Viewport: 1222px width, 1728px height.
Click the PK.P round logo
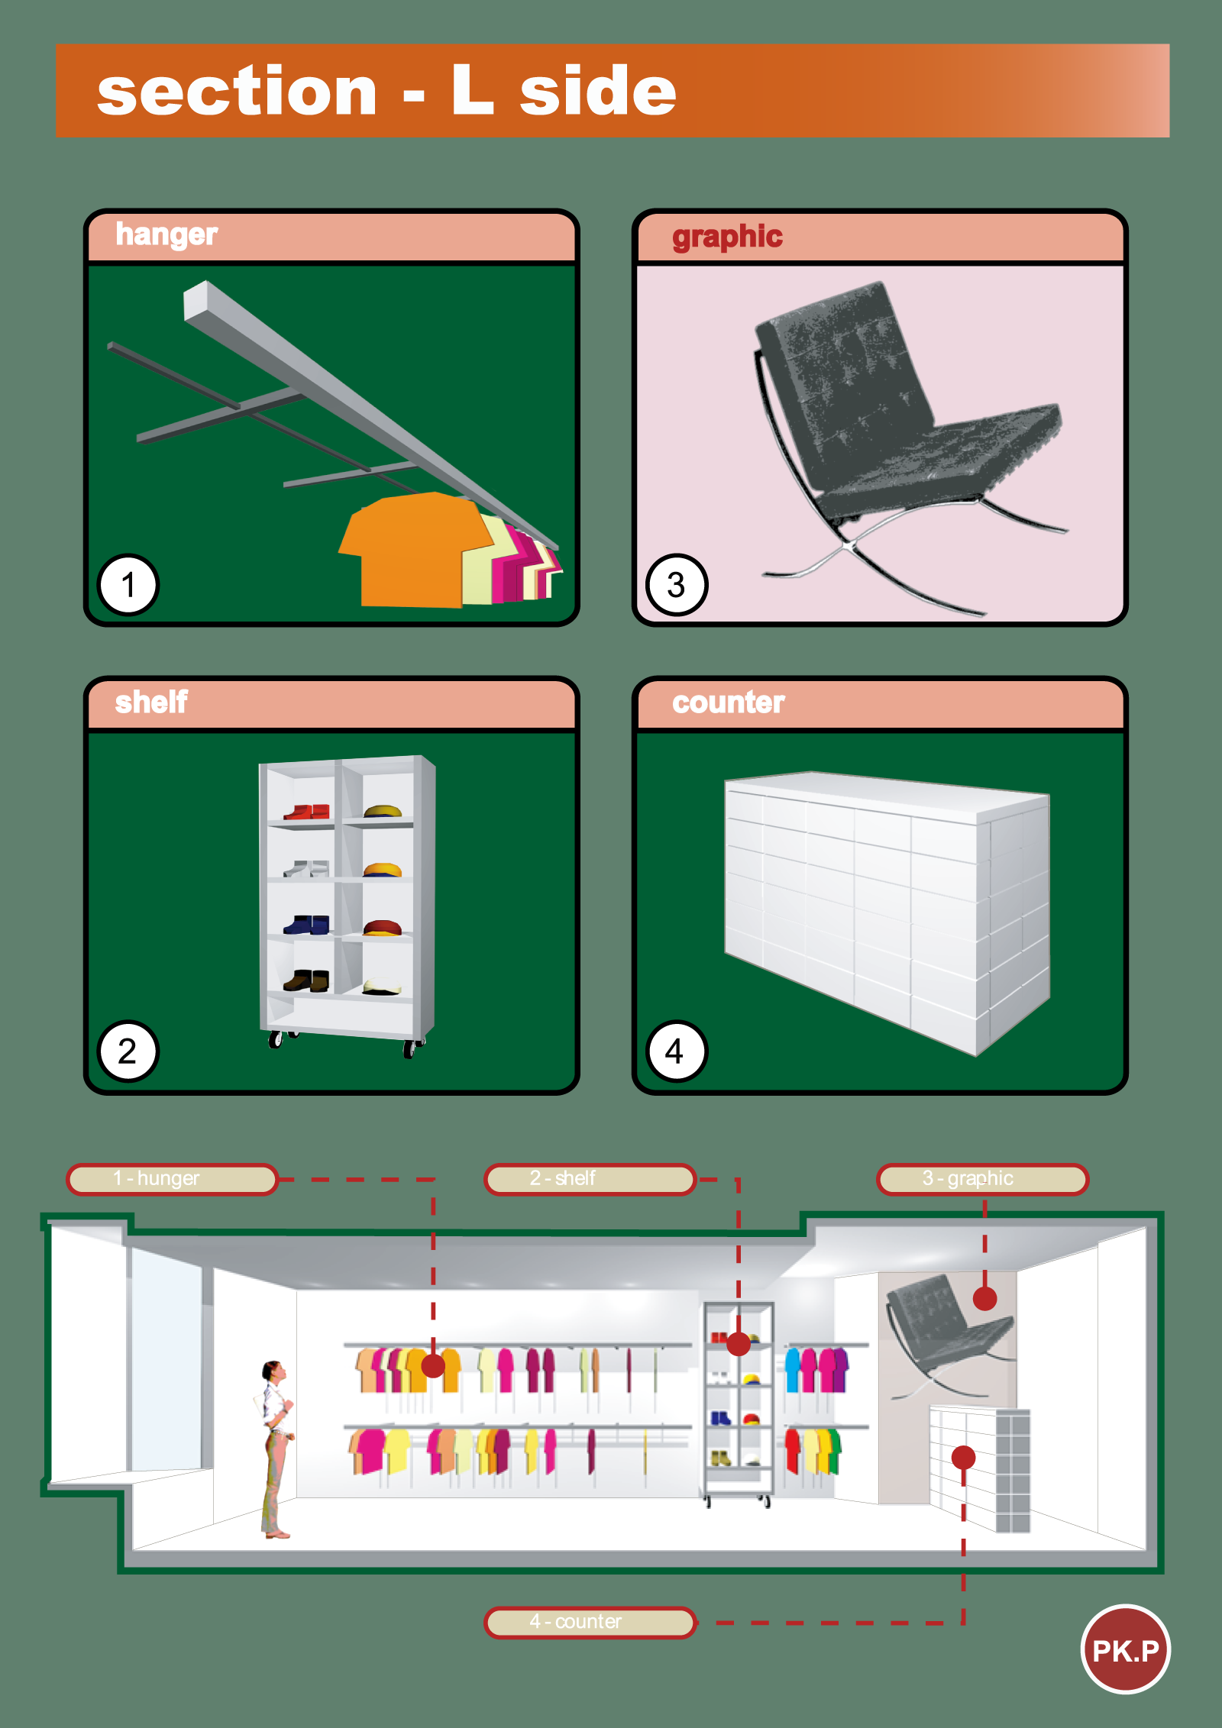pos(1125,1649)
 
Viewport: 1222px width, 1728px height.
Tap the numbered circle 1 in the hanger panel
pos(128,585)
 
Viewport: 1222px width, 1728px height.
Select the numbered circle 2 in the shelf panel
pos(128,1051)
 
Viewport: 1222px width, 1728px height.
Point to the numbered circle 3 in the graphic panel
pos(677,585)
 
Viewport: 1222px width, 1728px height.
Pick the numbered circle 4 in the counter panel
pos(676,1051)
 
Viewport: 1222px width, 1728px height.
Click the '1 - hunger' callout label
pos(172,1179)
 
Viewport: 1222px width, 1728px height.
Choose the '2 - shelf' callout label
pos(590,1179)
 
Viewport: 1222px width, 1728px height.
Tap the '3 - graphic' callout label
pos(982,1179)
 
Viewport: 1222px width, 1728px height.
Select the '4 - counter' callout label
pos(590,1622)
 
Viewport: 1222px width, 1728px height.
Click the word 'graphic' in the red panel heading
pos(727,237)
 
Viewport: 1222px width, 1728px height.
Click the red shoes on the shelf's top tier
pos(306,812)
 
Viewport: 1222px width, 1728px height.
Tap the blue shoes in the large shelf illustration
pos(306,925)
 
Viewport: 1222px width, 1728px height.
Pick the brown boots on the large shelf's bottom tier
pos(306,981)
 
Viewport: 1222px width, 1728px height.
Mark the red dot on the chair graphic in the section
pos(984,1298)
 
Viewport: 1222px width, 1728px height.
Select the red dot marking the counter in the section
pos(963,1458)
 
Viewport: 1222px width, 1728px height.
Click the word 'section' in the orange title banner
pos(238,92)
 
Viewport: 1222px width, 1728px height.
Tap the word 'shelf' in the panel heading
pos(151,702)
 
